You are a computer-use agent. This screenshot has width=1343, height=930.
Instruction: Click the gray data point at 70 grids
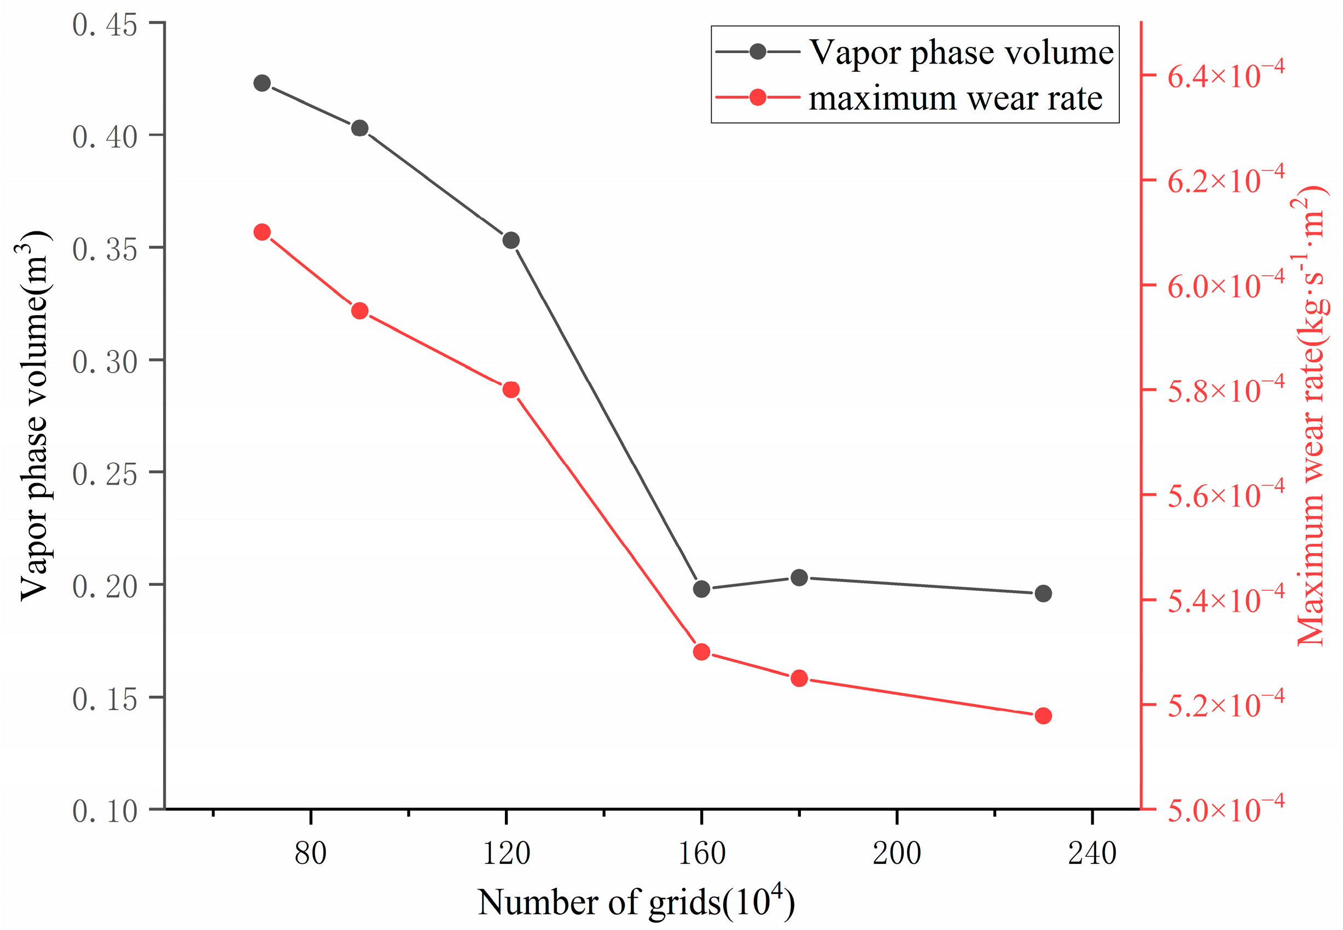(x=262, y=83)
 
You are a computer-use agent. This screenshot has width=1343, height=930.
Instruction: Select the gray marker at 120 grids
(x=511, y=240)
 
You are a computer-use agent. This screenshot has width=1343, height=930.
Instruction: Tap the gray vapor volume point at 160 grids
(x=701, y=589)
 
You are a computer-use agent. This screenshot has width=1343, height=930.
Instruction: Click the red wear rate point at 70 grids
(x=262, y=233)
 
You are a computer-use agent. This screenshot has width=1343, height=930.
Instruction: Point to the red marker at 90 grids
(x=360, y=311)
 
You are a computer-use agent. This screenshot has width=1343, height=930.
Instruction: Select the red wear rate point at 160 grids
(x=701, y=652)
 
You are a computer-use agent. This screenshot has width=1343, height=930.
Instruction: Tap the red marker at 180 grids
(x=799, y=678)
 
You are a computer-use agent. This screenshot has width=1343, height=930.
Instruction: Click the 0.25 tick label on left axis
(x=105, y=474)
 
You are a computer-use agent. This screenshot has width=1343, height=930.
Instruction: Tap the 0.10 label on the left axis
(x=105, y=811)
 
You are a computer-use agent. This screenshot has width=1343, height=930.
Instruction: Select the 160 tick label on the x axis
(x=701, y=853)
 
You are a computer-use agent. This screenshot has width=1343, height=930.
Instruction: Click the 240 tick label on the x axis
(x=1091, y=853)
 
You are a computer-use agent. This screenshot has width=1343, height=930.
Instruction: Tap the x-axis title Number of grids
(x=635, y=902)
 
